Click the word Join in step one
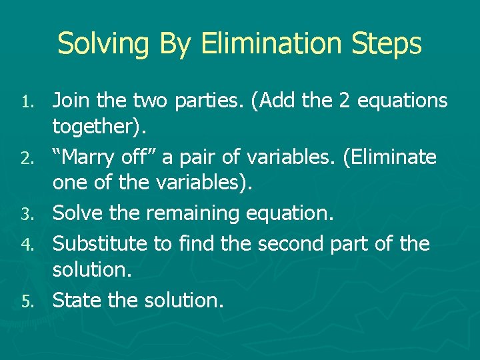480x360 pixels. point(71,101)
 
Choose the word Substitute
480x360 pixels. point(101,243)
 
